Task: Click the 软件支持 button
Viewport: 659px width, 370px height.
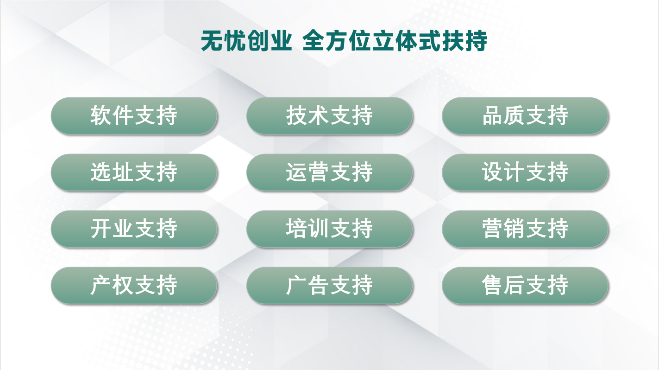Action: [134, 116]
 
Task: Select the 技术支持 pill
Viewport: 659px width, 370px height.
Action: [330, 116]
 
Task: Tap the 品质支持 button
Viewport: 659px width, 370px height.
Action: [525, 116]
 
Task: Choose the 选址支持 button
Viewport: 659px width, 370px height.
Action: [134, 172]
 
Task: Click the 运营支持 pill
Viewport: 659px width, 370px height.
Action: [330, 172]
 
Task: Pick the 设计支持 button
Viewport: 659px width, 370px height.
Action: [525, 172]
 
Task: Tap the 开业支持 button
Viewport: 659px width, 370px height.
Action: [134, 229]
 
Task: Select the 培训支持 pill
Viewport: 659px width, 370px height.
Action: [330, 229]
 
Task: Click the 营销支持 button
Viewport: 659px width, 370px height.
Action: [525, 229]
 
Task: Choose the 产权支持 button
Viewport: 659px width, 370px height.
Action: [134, 286]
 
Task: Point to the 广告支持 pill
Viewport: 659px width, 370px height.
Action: [330, 286]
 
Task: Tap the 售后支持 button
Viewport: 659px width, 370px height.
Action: [525, 286]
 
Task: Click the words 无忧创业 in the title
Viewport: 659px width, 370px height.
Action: [246, 41]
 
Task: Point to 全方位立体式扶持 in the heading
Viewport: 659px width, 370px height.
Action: [395, 41]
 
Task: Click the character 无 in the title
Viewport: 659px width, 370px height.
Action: [212, 41]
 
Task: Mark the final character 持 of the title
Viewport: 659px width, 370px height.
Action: [476, 41]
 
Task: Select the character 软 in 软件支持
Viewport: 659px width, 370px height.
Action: [101, 115]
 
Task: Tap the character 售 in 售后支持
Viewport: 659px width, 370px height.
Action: [492, 285]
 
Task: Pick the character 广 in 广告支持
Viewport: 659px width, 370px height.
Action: [297, 285]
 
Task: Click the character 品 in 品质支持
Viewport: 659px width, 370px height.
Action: [492, 115]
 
